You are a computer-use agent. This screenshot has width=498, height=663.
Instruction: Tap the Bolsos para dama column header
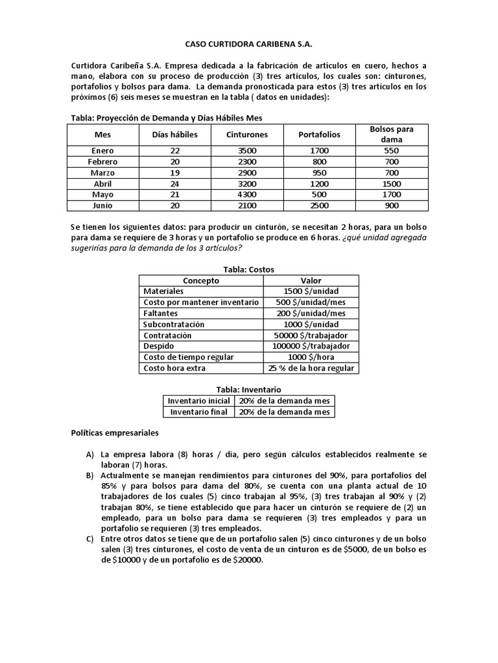point(392,134)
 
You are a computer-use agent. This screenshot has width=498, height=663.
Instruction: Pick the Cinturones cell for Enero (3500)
point(246,150)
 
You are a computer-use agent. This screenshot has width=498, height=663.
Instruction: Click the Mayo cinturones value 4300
point(246,194)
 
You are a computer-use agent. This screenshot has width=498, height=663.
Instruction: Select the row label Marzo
point(103,172)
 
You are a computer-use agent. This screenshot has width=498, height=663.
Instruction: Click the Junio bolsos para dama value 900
point(392,205)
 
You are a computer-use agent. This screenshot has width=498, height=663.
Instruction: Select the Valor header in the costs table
point(311,280)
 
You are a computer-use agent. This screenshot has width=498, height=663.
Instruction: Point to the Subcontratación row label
point(174,324)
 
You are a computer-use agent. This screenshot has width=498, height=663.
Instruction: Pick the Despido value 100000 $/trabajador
point(311,346)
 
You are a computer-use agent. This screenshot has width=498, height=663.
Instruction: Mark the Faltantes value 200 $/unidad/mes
point(311,313)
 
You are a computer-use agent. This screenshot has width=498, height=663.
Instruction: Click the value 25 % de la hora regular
point(311,368)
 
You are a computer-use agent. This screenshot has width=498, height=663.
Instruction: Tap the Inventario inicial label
point(198,401)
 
